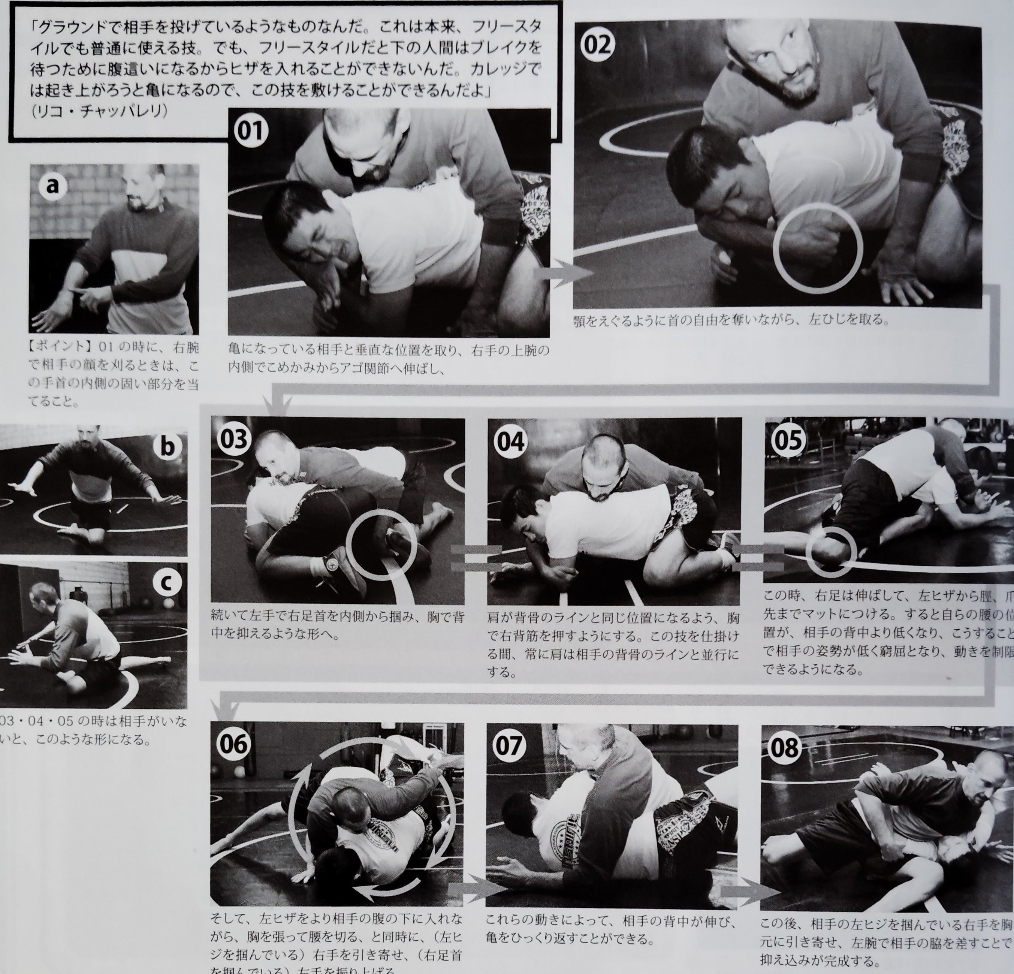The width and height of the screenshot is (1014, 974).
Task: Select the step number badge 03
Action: [234, 439]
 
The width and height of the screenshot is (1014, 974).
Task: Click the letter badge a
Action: [52, 186]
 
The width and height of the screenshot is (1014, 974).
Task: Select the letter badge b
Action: [167, 447]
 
